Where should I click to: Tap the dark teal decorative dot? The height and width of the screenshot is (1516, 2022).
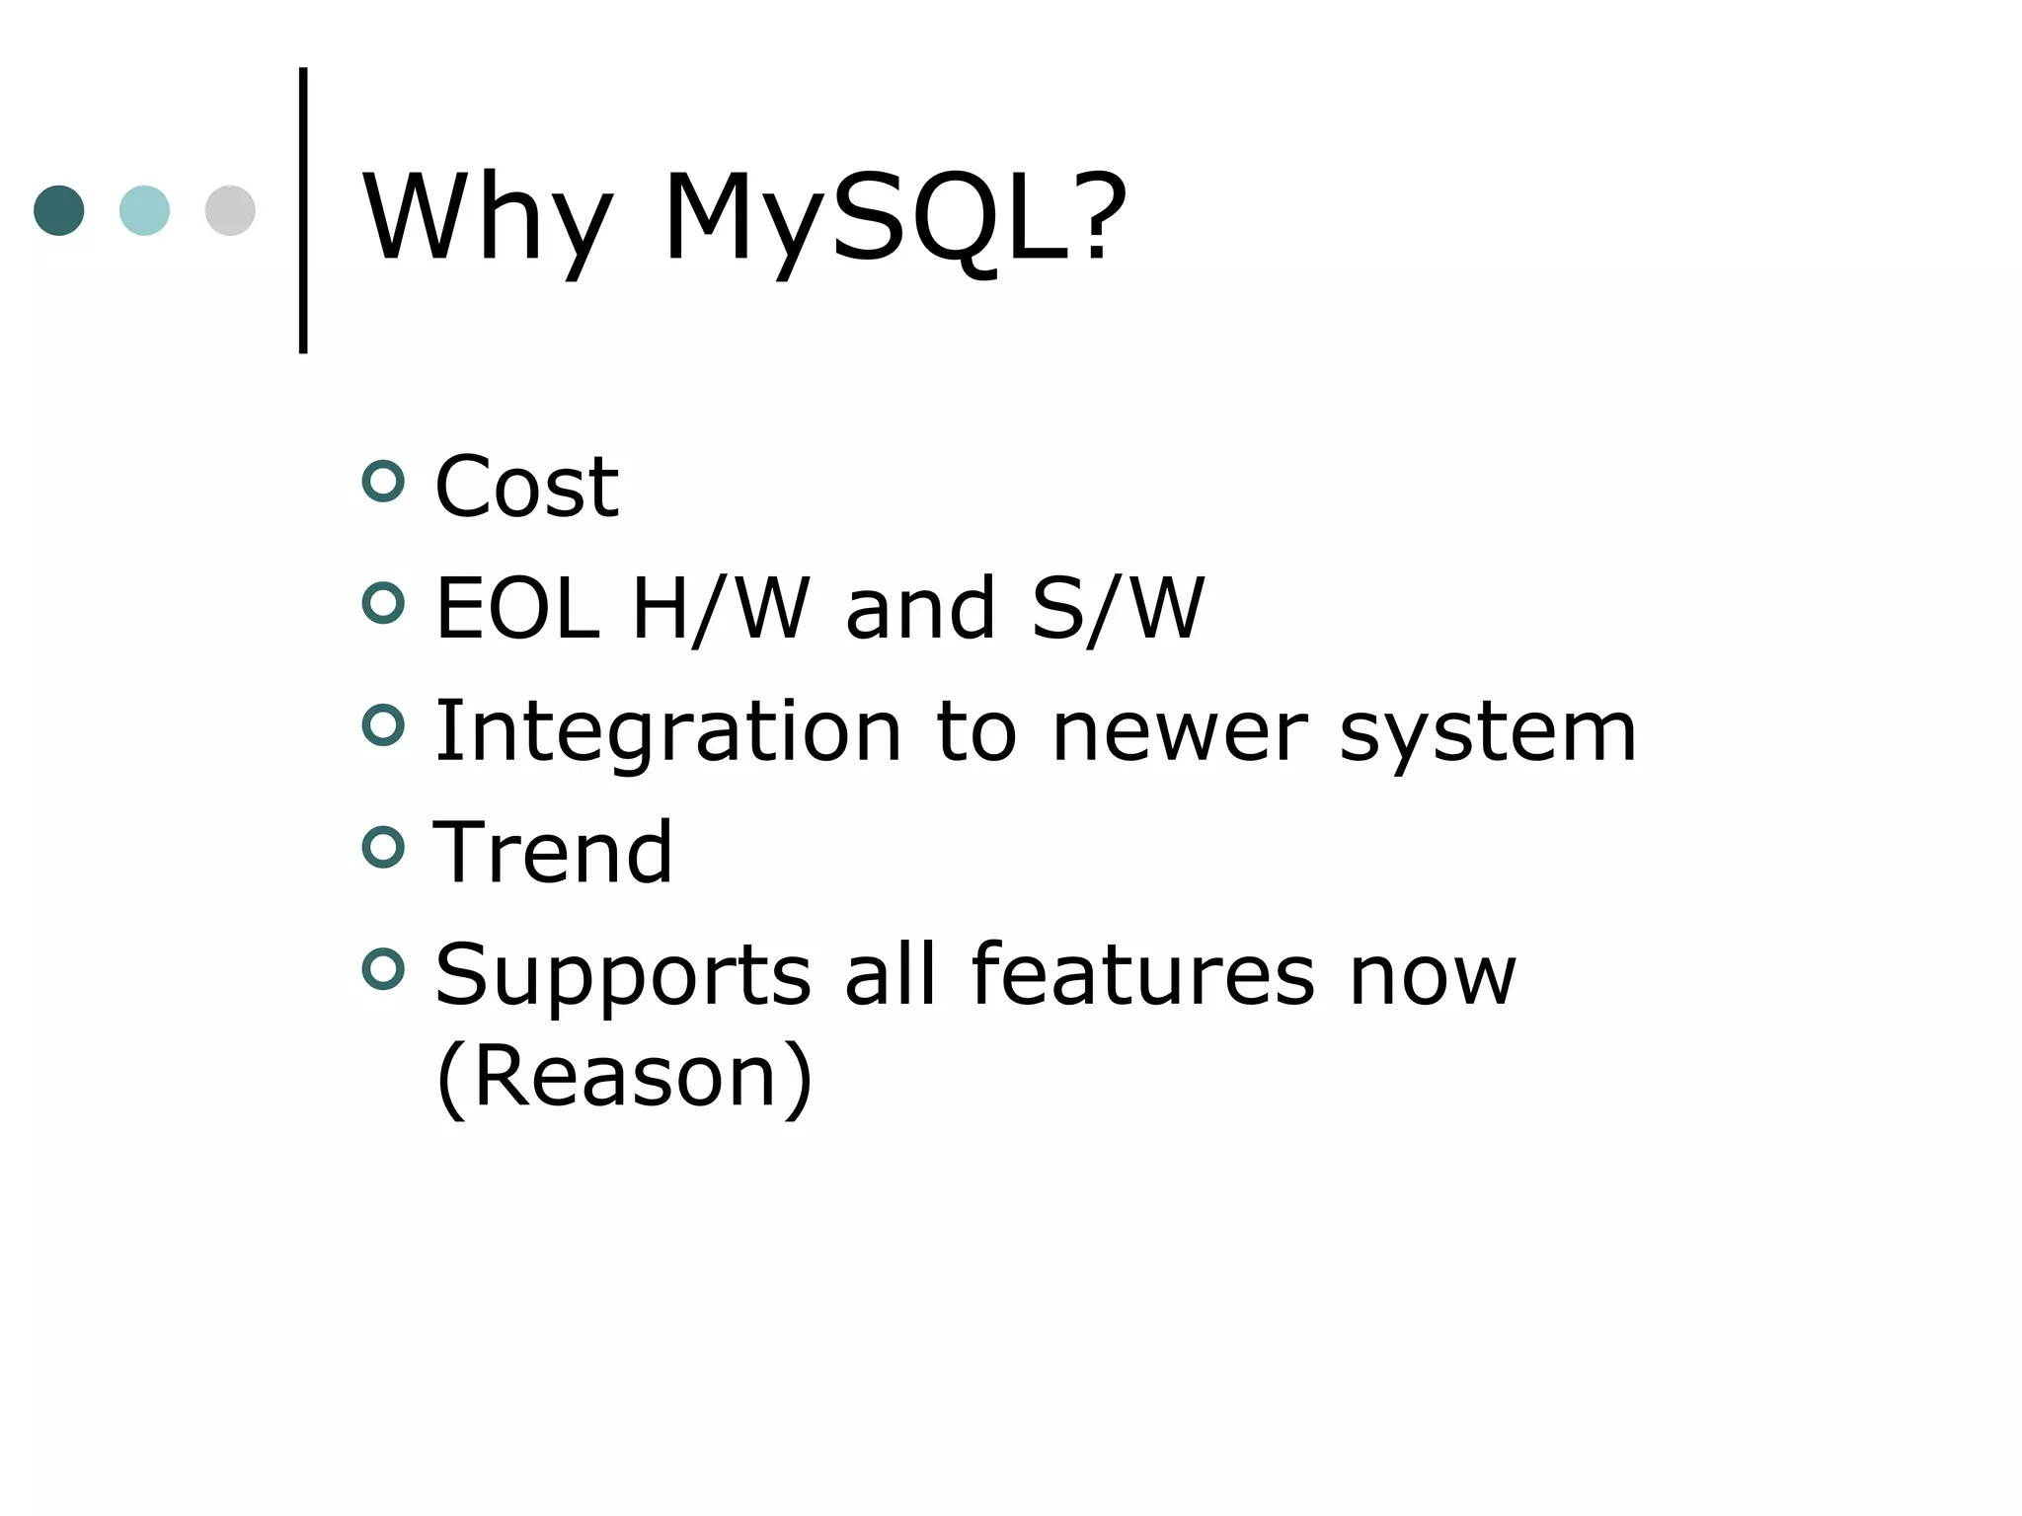coord(59,210)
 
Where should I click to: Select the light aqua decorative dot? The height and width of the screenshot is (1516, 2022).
coord(144,210)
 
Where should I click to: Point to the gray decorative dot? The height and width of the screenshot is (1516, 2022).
coord(230,210)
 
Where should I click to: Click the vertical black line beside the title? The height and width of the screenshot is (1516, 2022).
coord(303,210)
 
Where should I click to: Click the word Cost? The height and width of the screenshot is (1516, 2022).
coord(526,487)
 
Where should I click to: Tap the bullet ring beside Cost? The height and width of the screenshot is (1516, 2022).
coord(383,482)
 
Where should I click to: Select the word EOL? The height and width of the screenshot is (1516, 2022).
coord(516,609)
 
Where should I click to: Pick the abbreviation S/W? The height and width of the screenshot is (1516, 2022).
coord(1118,609)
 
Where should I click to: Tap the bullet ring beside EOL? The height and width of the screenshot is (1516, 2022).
coord(383,603)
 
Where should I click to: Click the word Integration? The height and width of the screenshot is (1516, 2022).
coord(667,733)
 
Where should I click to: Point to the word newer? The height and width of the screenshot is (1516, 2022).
coord(1180,733)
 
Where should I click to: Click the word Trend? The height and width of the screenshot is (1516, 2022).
coord(553,853)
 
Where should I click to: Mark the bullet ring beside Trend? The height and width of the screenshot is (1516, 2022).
coord(383,847)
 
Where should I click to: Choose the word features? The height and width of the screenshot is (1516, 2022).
coord(1142,975)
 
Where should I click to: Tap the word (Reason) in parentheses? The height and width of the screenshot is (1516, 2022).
coord(624,1077)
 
